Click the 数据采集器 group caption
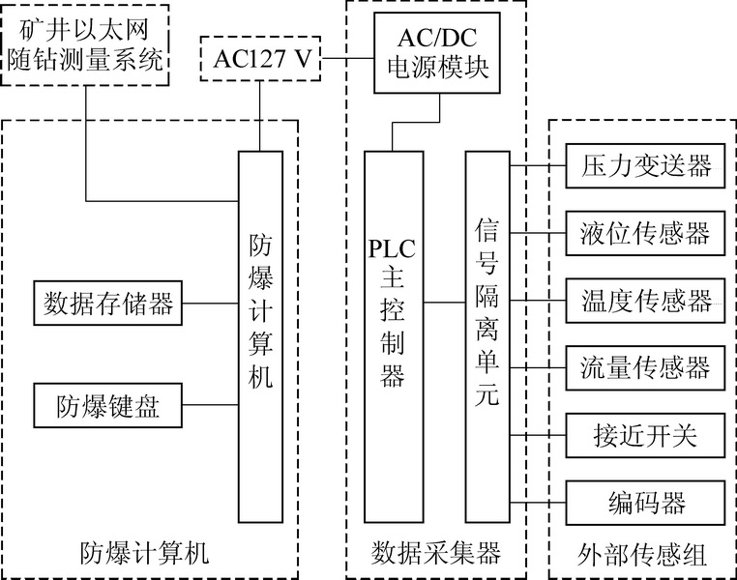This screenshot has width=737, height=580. click(x=435, y=553)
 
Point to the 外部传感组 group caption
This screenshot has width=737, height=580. click(x=642, y=555)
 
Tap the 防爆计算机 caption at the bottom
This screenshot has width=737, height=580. click(x=144, y=553)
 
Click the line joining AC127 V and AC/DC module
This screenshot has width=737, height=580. click(x=348, y=59)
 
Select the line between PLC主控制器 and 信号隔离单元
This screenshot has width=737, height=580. click(x=444, y=303)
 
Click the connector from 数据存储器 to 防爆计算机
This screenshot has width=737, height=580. click(x=210, y=303)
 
